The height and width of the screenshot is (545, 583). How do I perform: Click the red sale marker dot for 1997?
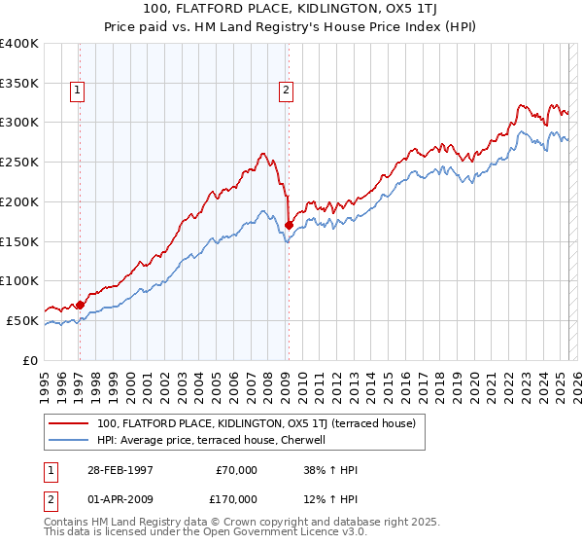click(x=80, y=305)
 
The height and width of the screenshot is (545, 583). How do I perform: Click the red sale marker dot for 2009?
click(x=289, y=225)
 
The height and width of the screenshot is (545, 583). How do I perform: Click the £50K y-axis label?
click(x=22, y=320)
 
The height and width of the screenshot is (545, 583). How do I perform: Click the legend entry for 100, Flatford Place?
click(x=256, y=423)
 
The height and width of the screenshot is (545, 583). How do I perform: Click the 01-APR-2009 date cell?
click(x=120, y=498)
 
